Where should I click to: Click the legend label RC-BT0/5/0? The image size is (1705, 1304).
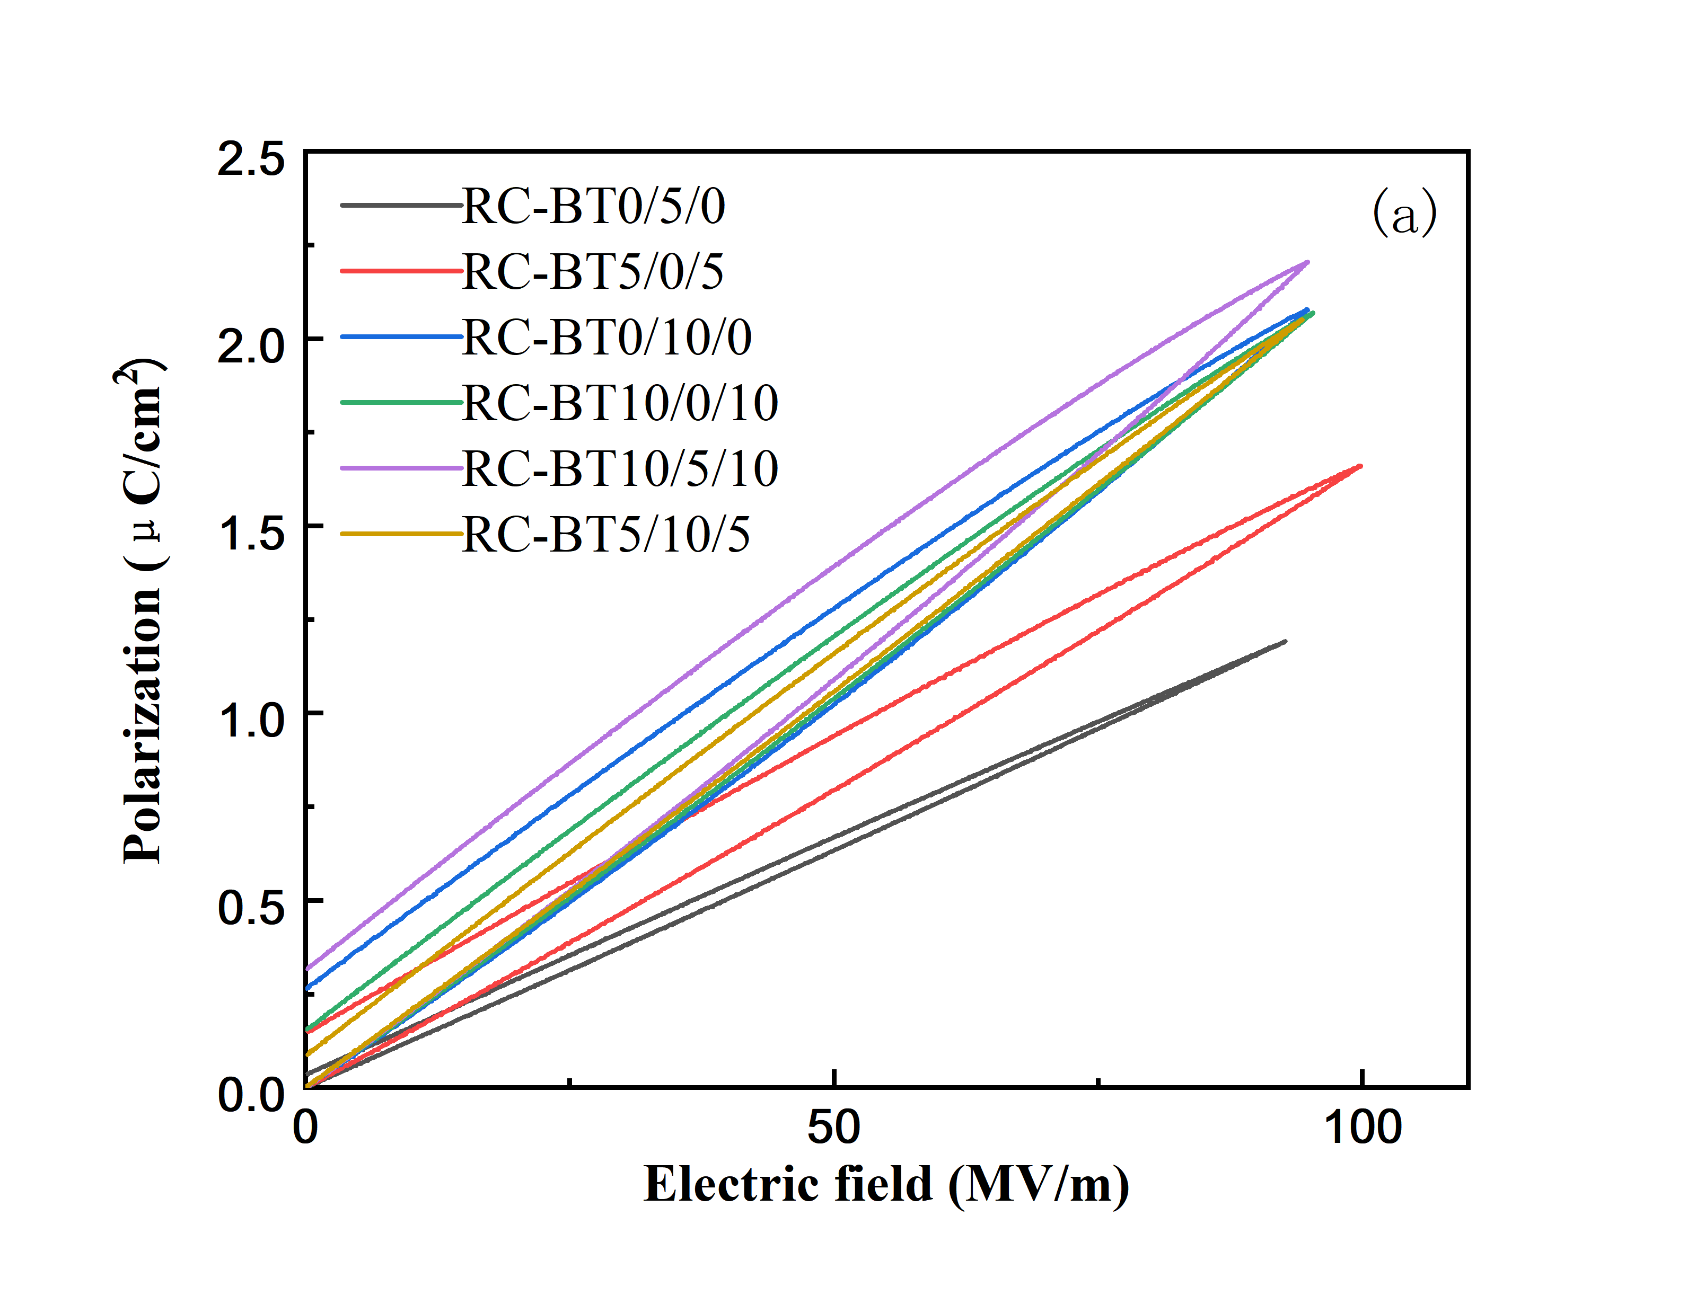[593, 207]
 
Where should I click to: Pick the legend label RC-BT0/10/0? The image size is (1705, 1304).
[607, 338]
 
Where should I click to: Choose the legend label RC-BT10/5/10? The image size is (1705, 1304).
[620, 469]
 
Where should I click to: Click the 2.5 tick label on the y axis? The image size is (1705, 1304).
[251, 160]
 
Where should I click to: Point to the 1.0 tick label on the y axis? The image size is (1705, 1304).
[251, 720]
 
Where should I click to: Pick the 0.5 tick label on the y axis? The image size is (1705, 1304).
[251, 907]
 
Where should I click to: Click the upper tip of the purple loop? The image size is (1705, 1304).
[1307, 262]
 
